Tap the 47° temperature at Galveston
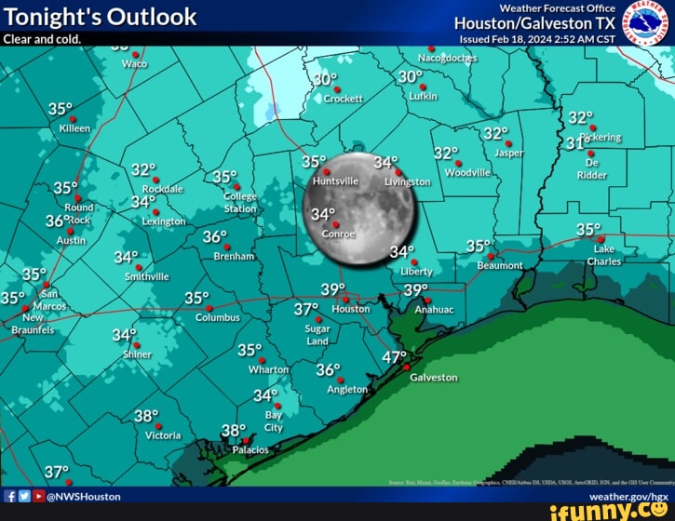coord(395,356)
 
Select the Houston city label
coord(351,309)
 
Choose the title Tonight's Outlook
coord(101,17)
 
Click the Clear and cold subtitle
coord(42,39)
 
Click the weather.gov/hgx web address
coord(628,497)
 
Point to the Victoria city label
coord(163,435)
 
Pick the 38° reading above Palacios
coord(233,430)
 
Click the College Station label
coord(240,203)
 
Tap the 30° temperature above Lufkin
coord(410,76)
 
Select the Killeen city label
coord(74,129)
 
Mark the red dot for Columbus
coord(209,308)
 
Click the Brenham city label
coord(234,256)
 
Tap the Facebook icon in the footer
coord(9,497)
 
